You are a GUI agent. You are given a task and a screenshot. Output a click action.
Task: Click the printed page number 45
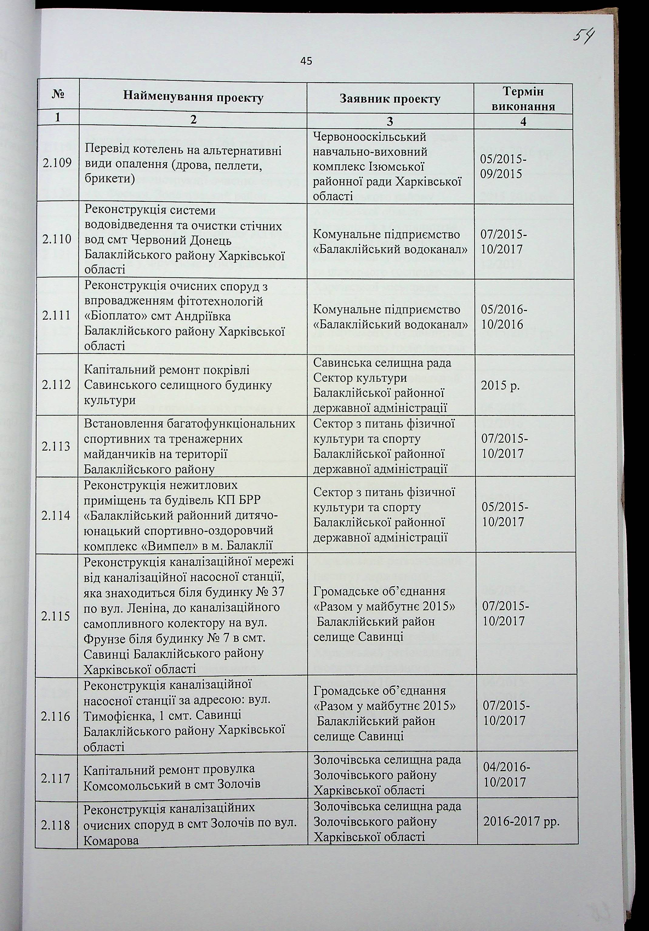click(x=306, y=61)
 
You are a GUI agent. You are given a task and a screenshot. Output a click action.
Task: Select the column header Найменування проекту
click(x=193, y=97)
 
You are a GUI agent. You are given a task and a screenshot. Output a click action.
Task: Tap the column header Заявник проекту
click(x=390, y=99)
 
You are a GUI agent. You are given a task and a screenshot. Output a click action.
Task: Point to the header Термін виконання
click(x=523, y=99)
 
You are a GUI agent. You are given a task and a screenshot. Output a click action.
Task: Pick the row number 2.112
click(x=57, y=384)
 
